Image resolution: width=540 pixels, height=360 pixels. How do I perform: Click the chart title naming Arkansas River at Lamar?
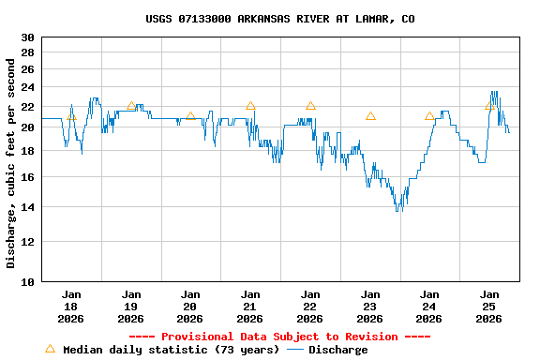[280, 19]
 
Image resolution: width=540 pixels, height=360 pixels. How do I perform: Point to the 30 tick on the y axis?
[27, 37]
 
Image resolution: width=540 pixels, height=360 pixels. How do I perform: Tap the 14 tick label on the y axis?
[27, 206]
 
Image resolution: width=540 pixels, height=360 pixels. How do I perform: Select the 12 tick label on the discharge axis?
[27, 241]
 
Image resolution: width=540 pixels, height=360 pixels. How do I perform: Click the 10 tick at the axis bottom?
[27, 281]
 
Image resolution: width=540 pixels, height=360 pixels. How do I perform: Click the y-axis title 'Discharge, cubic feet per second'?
[11, 163]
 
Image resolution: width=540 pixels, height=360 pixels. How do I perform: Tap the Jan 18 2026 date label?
[71, 306]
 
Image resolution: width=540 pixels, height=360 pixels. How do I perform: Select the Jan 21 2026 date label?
[250, 306]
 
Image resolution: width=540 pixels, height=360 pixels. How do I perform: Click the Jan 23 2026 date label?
[370, 306]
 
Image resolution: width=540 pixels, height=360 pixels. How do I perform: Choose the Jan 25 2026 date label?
[489, 306]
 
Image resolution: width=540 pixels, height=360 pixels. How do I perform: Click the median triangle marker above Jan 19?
[131, 106]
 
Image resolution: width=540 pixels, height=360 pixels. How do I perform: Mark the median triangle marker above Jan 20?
[190, 116]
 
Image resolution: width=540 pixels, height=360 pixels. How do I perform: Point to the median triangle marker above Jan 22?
[310, 106]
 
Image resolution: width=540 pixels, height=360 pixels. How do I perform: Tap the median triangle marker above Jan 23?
[370, 116]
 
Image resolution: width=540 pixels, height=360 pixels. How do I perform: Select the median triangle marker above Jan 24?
[429, 116]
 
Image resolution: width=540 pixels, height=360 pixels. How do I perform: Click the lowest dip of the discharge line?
[398, 210]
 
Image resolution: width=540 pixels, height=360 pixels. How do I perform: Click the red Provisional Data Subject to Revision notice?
[278, 337]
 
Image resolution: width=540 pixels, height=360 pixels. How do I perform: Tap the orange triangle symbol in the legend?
[50, 349]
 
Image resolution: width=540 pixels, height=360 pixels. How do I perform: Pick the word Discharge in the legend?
[337, 350]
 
